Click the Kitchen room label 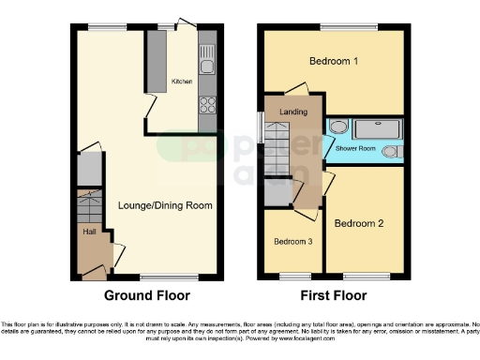click(181, 82)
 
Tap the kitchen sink click(208, 63)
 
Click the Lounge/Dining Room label click(165, 205)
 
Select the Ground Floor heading click(146, 295)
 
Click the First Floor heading click(333, 295)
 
